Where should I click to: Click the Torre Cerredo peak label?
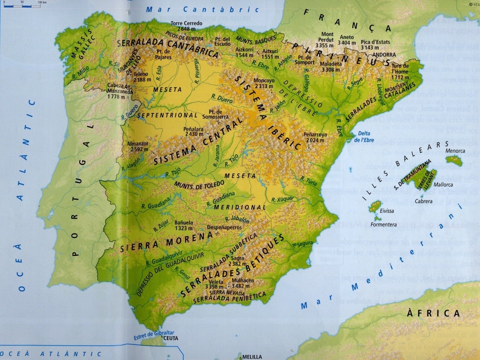click(x=187, y=26)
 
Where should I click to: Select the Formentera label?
click(x=383, y=225)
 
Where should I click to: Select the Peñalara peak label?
click(x=194, y=131)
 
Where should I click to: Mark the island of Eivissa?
click(x=375, y=206)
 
